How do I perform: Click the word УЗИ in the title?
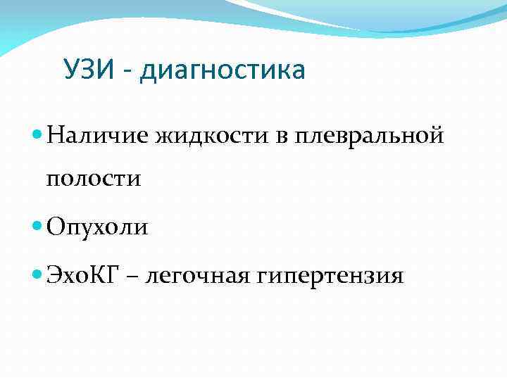coord(89,70)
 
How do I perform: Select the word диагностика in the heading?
coord(223,71)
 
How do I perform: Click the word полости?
coord(94,178)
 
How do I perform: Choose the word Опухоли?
coord(97,227)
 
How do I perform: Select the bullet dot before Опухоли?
coord(38,227)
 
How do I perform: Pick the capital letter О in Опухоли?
coord(56,227)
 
